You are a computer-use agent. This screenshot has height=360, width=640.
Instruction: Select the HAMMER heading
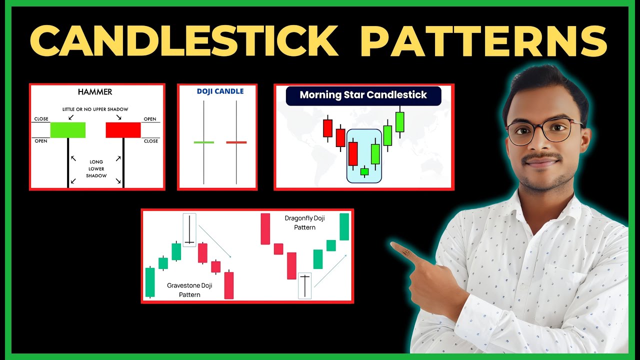click(95, 92)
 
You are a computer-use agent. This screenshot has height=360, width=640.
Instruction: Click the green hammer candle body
click(68, 130)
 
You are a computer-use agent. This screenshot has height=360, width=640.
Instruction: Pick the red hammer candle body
click(123, 130)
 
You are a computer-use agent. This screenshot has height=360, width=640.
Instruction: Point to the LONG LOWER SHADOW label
click(96, 169)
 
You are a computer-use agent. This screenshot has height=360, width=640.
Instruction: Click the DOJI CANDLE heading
click(220, 91)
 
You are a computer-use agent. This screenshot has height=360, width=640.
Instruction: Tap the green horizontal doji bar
click(204, 142)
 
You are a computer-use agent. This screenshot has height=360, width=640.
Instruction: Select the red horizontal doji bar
click(236, 142)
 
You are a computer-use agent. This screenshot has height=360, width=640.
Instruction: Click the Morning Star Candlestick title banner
click(363, 95)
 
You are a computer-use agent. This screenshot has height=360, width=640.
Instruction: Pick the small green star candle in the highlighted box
click(364, 171)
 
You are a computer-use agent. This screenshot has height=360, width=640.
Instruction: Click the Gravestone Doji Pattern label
click(189, 290)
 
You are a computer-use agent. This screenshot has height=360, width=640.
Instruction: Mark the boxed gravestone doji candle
click(189, 230)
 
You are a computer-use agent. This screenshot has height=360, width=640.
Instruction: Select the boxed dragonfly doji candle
click(304, 285)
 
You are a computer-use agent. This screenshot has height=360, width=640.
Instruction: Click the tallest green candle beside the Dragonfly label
click(344, 226)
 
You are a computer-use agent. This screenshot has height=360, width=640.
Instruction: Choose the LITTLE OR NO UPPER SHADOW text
click(95, 109)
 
